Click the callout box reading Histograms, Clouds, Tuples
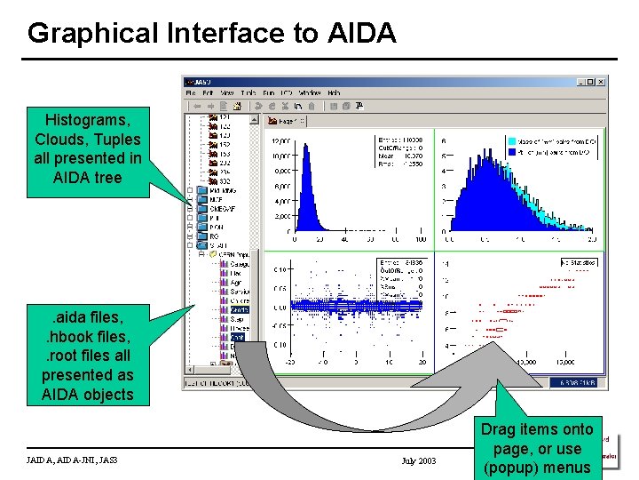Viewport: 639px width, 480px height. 87,148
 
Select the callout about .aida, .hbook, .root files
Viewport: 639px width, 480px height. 87,356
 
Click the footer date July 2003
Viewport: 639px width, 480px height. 419,460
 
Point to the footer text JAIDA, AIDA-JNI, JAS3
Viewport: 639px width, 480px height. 73,460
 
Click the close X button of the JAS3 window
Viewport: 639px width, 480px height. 601,82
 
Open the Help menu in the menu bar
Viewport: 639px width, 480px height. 334,93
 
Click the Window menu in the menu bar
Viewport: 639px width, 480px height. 310,93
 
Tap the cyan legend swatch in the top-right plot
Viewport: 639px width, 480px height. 512,140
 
